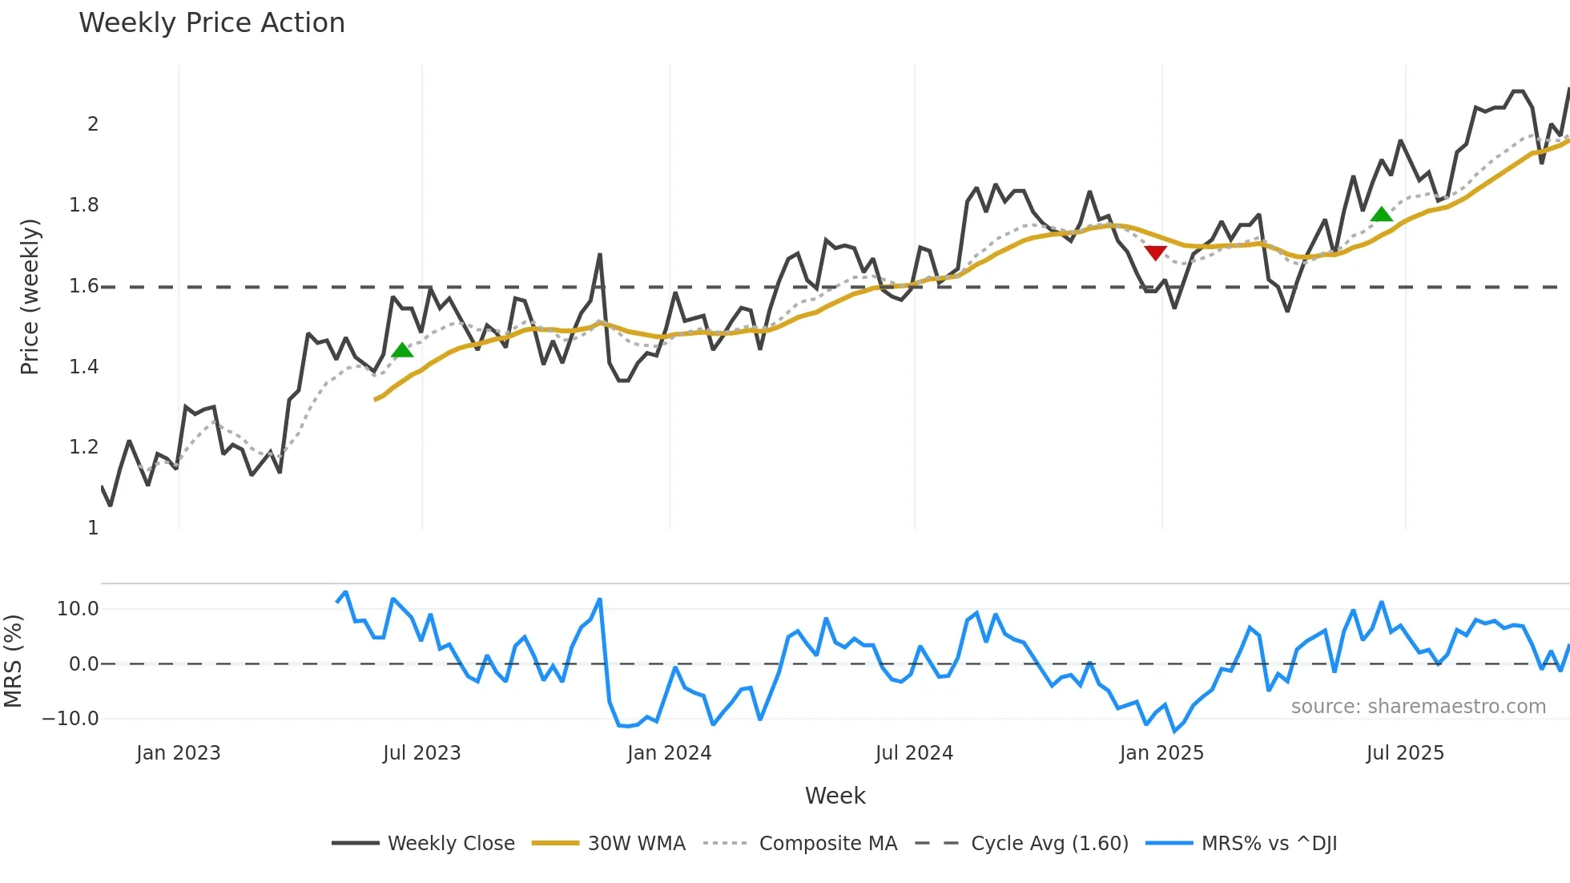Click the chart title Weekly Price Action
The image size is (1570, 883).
(x=211, y=23)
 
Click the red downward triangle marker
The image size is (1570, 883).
(x=1155, y=253)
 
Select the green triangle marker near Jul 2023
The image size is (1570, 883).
(x=402, y=350)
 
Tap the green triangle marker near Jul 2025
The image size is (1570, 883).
(x=1381, y=214)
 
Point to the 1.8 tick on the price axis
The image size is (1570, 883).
(x=84, y=205)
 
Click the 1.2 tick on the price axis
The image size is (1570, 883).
(x=84, y=447)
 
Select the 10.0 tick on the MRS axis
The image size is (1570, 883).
(x=78, y=609)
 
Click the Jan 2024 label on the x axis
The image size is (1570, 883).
(x=669, y=753)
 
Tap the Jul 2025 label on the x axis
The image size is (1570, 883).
(x=1405, y=753)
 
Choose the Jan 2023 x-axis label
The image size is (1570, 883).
(x=178, y=753)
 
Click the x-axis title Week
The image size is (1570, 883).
(x=835, y=796)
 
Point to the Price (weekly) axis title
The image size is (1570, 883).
(x=30, y=296)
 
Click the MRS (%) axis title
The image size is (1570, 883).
(x=14, y=661)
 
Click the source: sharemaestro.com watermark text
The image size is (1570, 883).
(x=1418, y=707)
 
